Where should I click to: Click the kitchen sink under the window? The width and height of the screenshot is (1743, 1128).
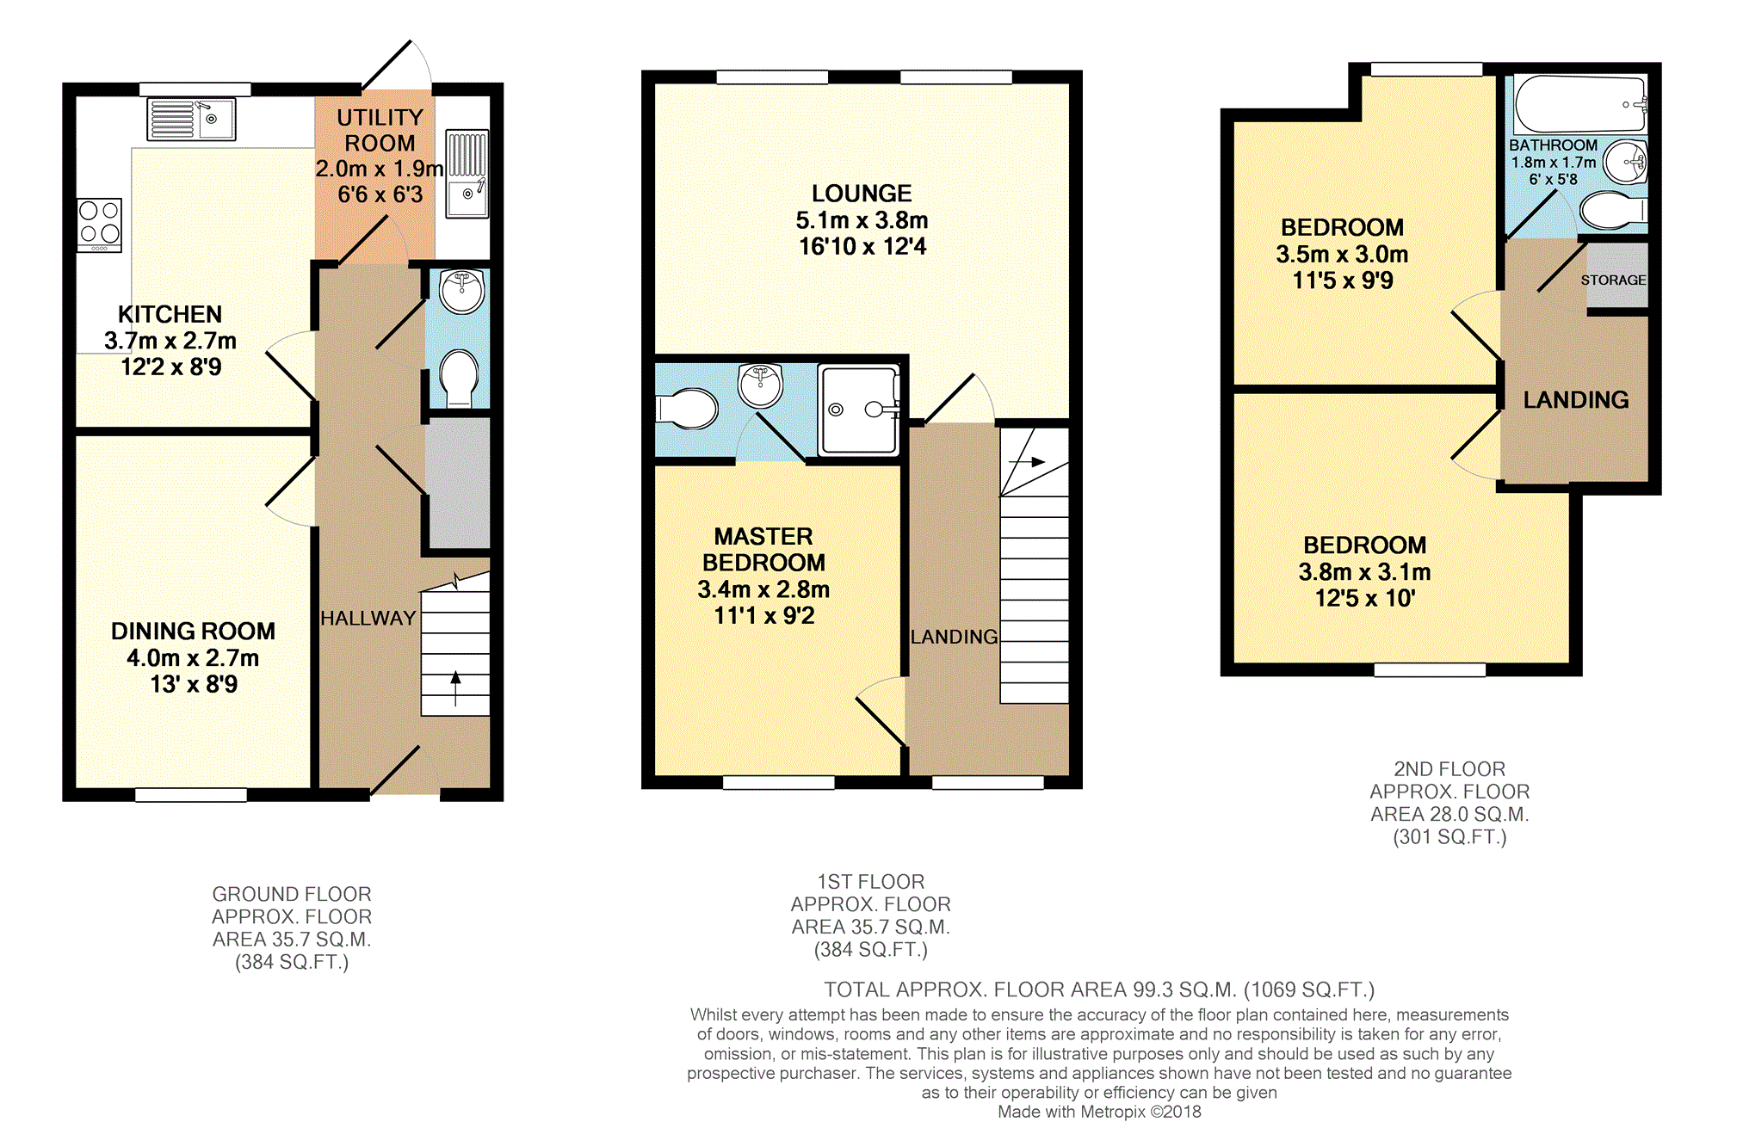pyautogui.click(x=191, y=120)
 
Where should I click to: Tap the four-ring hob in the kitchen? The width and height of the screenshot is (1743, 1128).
pyautogui.click(x=99, y=225)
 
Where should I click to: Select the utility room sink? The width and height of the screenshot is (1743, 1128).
pyautogui.click(x=467, y=175)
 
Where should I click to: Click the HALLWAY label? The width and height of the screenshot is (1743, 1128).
pyautogui.click(x=368, y=619)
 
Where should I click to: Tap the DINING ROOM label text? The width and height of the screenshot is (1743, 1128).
pyautogui.click(x=193, y=632)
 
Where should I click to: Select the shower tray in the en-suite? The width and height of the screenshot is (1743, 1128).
pyautogui.click(x=858, y=410)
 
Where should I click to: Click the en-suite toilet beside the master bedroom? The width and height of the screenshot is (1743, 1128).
pyautogui.click(x=688, y=409)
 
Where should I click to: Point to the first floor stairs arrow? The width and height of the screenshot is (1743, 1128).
pyautogui.click(x=1028, y=462)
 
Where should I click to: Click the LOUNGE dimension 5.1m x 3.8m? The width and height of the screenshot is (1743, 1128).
pyautogui.click(x=862, y=221)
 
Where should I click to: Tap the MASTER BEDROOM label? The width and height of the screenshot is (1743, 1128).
pyautogui.click(x=763, y=550)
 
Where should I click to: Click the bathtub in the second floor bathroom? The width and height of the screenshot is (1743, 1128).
pyautogui.click(x=1579, y=104)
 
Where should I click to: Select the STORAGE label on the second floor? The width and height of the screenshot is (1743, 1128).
pyautogui.click(x=1613, y=280)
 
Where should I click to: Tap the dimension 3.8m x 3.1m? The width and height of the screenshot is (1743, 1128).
pyautogui.click(x=1364, y=572)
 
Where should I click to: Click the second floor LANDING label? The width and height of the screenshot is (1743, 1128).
pyautogui.click(x=1575, y=400)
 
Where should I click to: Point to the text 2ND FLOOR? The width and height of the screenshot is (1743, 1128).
pyautogui.click(x=1449, y=769)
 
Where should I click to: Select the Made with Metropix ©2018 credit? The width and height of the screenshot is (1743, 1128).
pyautogui.click(x=1099, y=1112)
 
